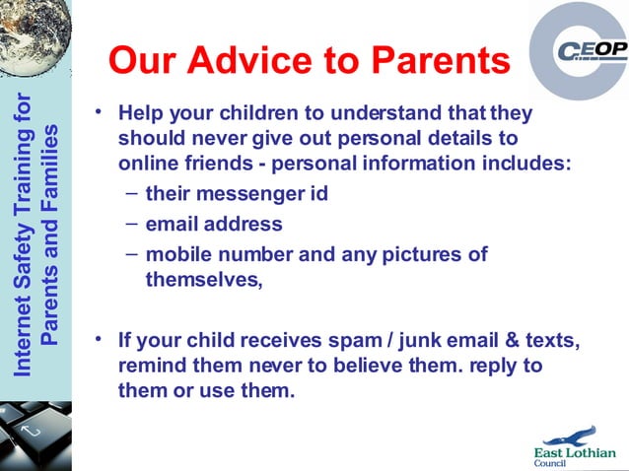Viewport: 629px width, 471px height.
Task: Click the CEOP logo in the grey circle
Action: [x=588, y=50]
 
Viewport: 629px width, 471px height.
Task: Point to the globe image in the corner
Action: [x=35, y=35]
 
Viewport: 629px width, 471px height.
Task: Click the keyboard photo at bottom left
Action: [x=35, y=434]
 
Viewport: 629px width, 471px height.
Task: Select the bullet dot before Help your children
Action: [x=99, y=109]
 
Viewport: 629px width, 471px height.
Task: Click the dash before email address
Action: [x=131, y=224]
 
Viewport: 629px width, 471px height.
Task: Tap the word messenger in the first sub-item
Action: [x=236, y=194]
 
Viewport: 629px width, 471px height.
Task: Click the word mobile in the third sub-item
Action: [x=176, y=254]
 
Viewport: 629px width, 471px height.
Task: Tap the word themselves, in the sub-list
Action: [x=204, y=280]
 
